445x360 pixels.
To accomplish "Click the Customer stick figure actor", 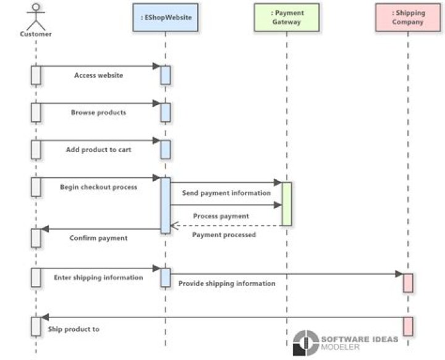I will click(36, 17).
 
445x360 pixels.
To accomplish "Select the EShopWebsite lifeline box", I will click(164, 17).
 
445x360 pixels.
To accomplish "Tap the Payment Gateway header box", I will click(287, 17).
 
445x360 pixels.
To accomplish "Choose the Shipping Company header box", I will click(409, 17).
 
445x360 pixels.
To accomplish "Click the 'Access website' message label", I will click(98, 75).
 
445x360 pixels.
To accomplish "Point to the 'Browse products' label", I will click(98, 112).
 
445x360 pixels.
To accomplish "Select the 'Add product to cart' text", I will click(98, 149).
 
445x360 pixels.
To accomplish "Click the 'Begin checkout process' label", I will click(98, 186).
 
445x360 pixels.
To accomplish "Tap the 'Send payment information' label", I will click(226, 193).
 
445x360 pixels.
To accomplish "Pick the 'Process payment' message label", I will click(221, 216).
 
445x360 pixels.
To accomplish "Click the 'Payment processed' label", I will click(224, 235).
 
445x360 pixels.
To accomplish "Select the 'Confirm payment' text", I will click(98, 238).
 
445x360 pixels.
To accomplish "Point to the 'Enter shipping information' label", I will click(98, 277).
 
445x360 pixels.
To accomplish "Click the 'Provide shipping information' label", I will click(227, 283).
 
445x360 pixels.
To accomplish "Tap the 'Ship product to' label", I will click(74, 329).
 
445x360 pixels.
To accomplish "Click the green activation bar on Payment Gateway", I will click(287, 204).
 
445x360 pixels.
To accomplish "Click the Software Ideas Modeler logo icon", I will click(305, 343).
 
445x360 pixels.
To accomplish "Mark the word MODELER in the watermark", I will click(339, 347).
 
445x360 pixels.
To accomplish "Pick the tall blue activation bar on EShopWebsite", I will click(166, 205).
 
